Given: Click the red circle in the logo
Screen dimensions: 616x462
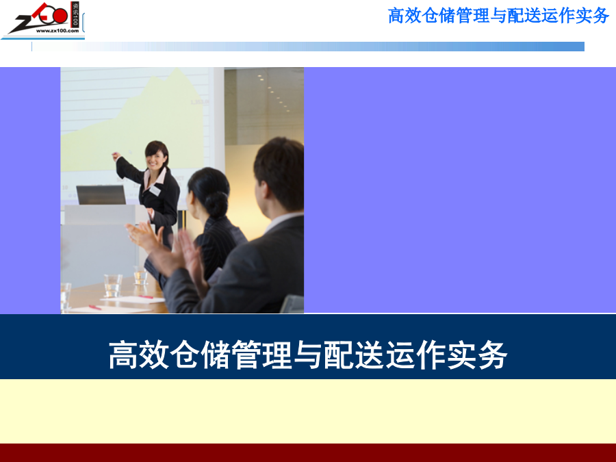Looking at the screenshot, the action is pyautogui.click(x=60, y=16).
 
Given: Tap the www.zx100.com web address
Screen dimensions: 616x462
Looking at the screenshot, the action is pyautogui.click(x=57, y=31).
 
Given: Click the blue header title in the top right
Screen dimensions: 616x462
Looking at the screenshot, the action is pyautogui.click(x=498, y=16).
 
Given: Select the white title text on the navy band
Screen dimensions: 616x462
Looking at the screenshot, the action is pyautogui.click(x=308, y=355).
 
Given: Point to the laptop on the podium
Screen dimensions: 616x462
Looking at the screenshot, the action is pyautogui.click(x=101, y=195).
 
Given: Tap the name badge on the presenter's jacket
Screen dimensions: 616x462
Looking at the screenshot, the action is pyautogui.click(x=155, y=190).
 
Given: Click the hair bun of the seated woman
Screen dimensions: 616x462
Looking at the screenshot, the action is pyautogui.click(x=216, y=203).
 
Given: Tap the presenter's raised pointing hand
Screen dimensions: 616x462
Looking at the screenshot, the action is pyautogui.click(x=116, y=156).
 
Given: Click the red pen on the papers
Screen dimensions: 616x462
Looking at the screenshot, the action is pyautogui.click(x=145, y=297).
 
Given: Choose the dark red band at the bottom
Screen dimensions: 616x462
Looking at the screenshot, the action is pyautogui.click(x=308, y=452).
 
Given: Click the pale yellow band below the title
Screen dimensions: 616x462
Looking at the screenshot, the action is pyautogui.click(x=308, y=411).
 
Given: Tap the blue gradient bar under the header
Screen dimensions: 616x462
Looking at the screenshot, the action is pyautogui.click(x=308, y=47).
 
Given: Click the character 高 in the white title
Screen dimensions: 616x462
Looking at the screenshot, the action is pyautogui.click(x=123, y=355).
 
